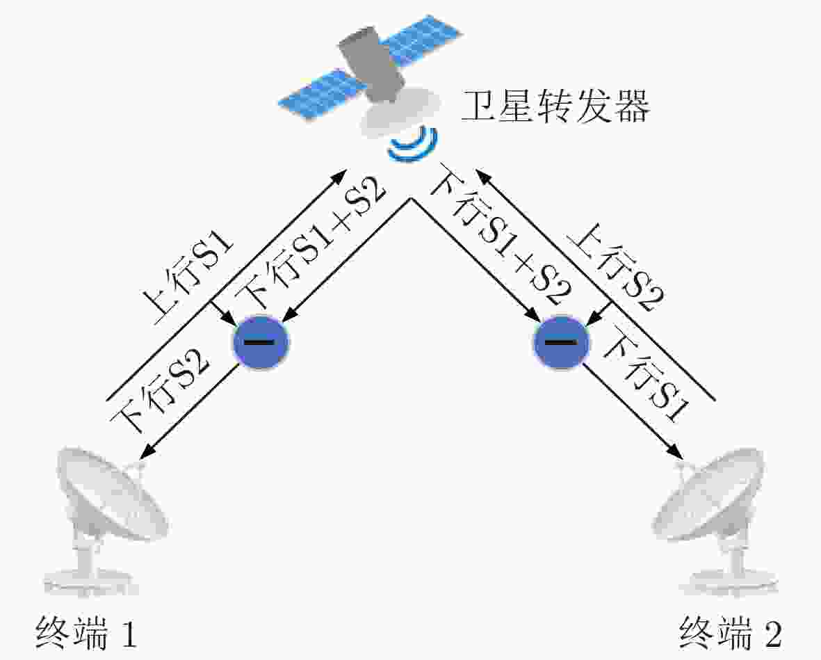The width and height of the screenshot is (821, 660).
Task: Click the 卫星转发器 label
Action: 555,106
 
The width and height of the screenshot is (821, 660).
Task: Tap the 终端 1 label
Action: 87,633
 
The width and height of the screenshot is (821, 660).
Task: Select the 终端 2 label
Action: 731,633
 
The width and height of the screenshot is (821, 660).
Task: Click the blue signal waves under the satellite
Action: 414,143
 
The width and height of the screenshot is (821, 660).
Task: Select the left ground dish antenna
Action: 105,519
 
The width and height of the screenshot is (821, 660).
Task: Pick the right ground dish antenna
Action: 717,519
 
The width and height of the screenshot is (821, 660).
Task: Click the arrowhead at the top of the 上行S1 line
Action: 341,174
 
